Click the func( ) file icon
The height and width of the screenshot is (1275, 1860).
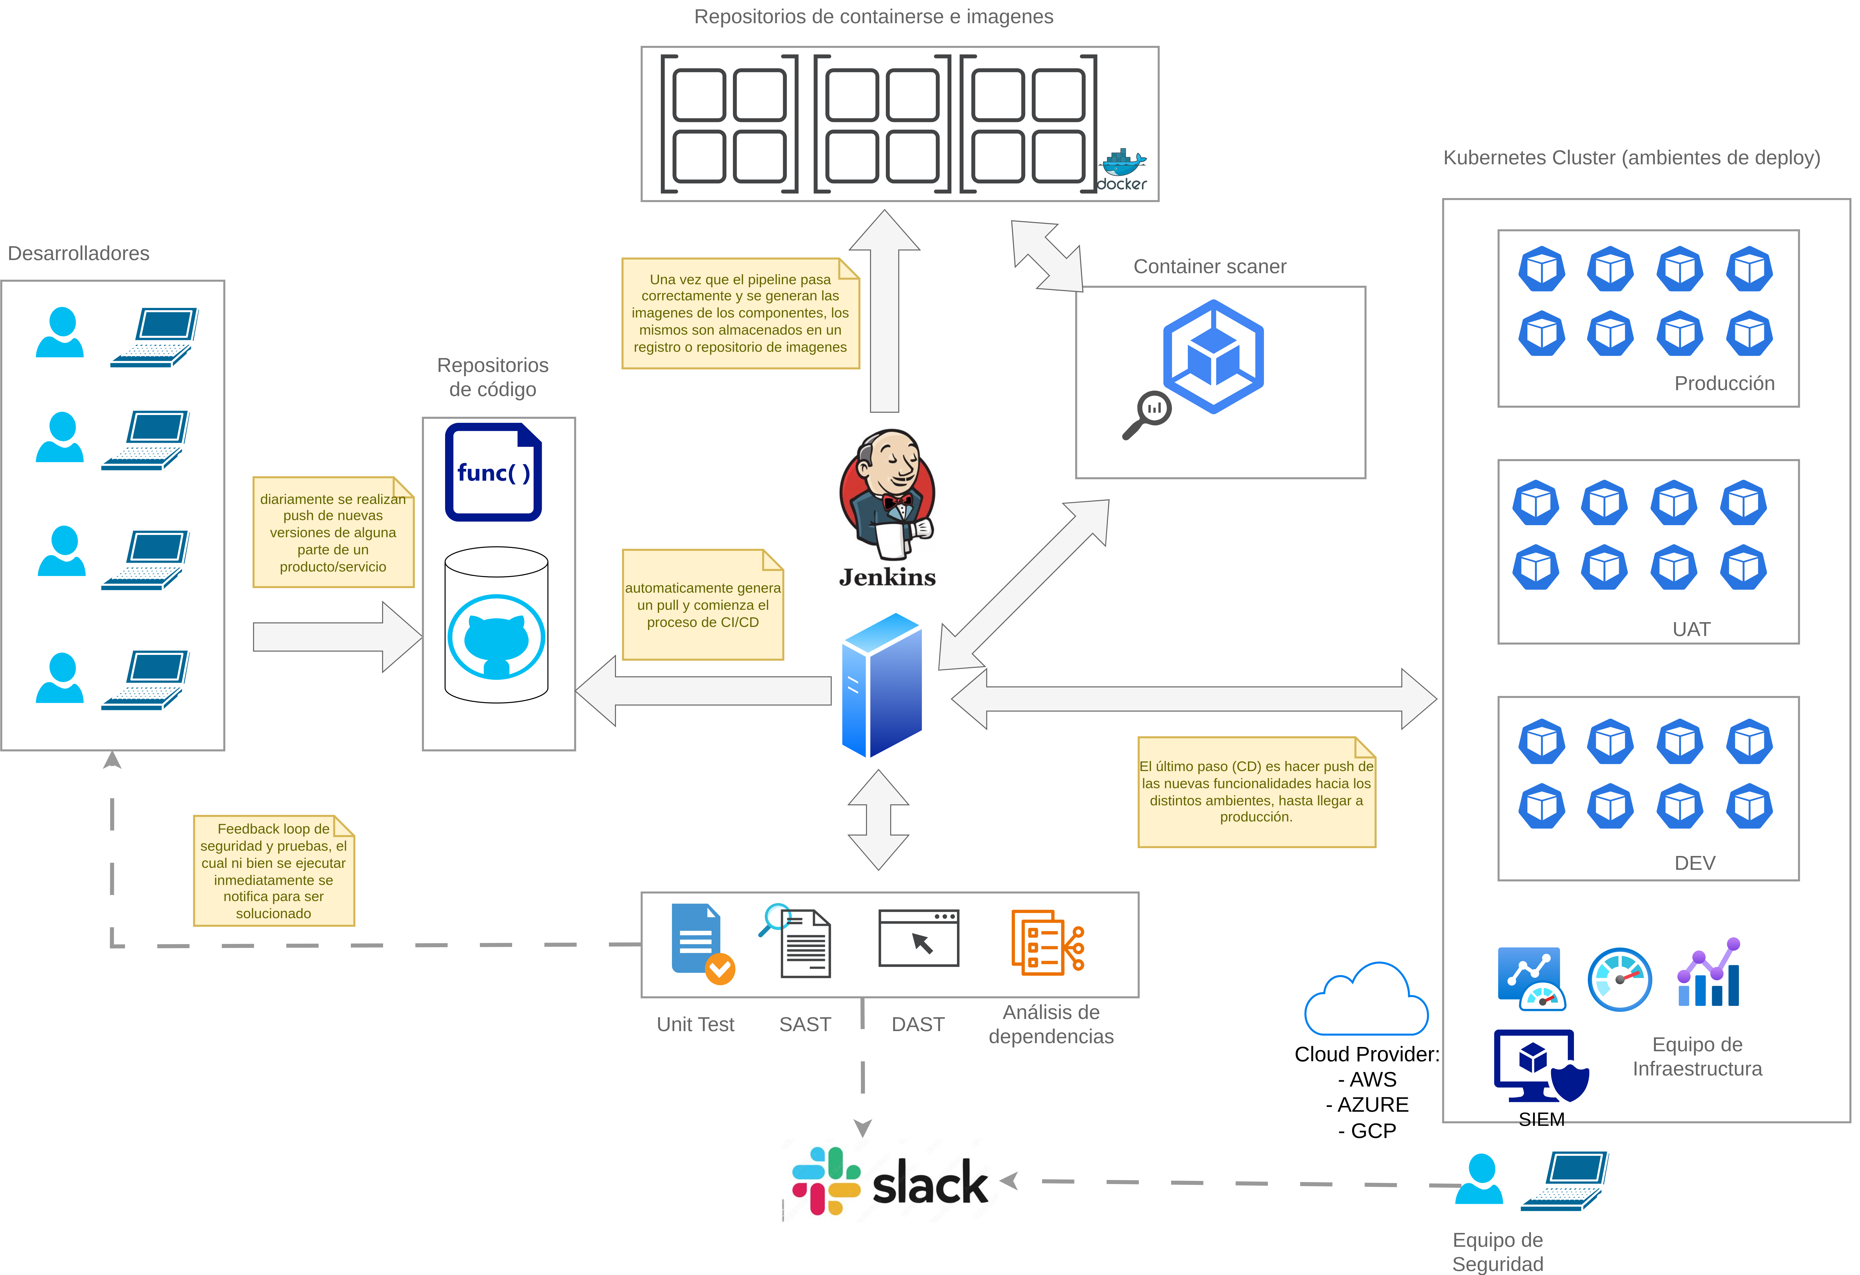pos(493,472)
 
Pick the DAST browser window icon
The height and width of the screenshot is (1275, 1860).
pos(918,938)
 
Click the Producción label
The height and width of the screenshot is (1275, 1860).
pos(1724,383)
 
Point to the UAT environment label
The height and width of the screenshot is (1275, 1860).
pos(1691,629)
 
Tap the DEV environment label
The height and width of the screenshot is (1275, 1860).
pos(1694,863)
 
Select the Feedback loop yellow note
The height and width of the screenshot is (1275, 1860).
pos(274,871)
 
